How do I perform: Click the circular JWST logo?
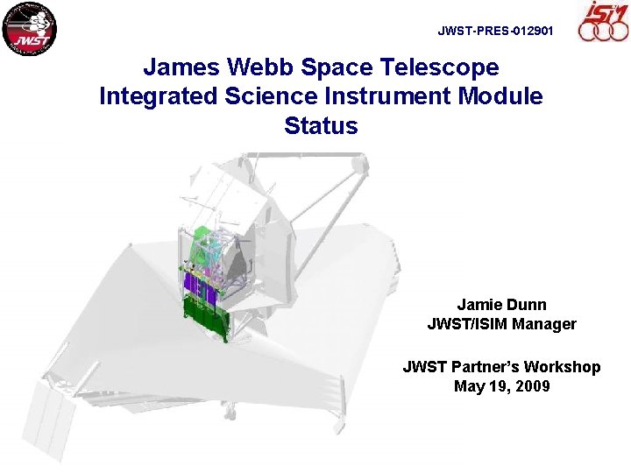(x=30, y=28)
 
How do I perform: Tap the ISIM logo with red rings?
(x=603, y=21)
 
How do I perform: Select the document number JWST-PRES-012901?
(x=495, y=31)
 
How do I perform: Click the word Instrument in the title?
(x=379, y=96)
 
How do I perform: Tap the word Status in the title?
(x=321, y=125)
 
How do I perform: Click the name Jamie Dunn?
(x=501, y=305)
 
